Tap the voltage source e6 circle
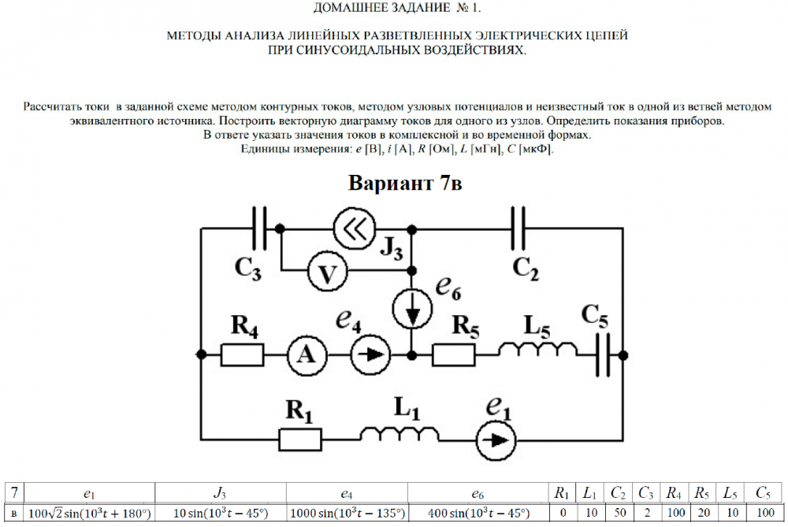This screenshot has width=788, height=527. [412, 312]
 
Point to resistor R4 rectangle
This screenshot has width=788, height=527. [242, 356]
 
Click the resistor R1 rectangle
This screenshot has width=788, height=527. [300, 439]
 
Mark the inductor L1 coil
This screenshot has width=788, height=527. [401, 435]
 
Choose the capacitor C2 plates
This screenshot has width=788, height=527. [518, 228]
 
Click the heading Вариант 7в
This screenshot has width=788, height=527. [405, 184]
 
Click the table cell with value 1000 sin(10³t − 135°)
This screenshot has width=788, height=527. [347, 513]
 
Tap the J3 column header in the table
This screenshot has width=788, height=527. [220, 493]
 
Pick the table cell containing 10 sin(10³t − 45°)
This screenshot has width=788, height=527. [220, 513]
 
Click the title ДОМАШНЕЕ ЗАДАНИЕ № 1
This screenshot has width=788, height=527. [396, 9]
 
